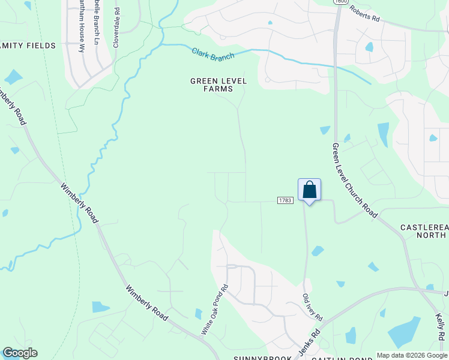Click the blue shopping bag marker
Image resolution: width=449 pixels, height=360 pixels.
(x=309, y=190)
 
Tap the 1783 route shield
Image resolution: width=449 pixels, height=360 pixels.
(x=285, y=200)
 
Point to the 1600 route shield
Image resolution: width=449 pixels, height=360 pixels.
(x=340, y=2)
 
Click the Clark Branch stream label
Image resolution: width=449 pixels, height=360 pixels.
(x=214, y=53)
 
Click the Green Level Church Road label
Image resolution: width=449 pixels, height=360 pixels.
(x=355, y=180)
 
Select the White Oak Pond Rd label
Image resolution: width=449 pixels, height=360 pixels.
(x=215, y=309)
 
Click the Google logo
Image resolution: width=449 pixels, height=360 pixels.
(x=20, y=353)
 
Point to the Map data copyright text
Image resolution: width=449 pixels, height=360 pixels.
(x=411, y=355)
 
